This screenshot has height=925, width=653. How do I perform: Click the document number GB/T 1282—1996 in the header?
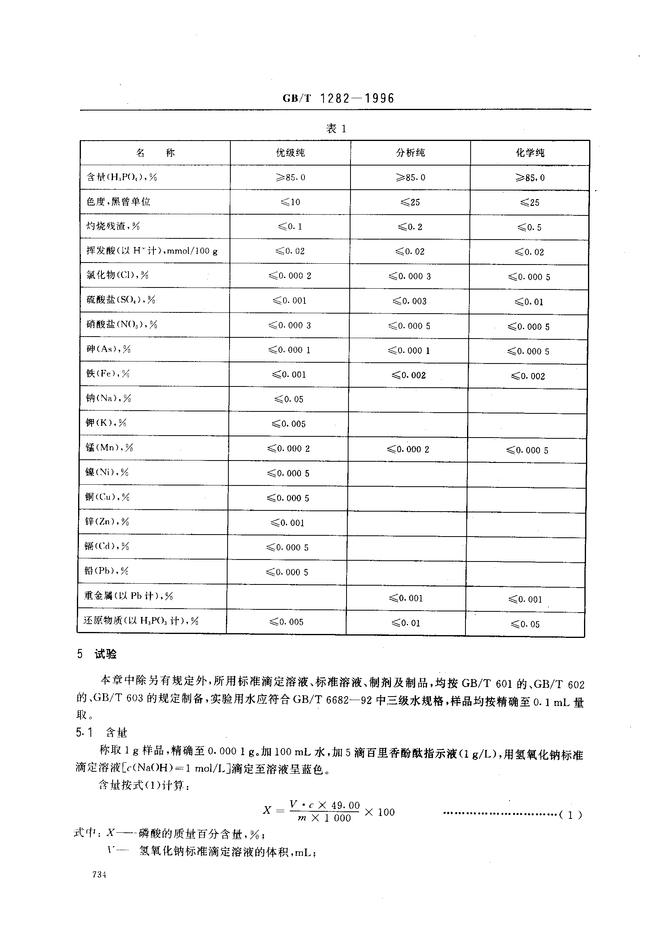click(x=338, y=98)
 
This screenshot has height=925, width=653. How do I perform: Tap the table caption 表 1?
click(x=335, y=129)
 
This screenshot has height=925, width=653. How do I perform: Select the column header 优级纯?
click(x=290, y=153)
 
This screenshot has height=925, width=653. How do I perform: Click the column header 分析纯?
click(x=410, y=153)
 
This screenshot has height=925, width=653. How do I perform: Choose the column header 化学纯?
click(x=530, y=153)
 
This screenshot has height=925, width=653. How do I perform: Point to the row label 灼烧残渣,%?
click(x=113, y=226)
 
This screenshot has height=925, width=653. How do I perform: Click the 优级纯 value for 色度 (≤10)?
click(x=290, y=202)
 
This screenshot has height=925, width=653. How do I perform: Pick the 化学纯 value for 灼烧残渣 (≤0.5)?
click(x=529, y=228)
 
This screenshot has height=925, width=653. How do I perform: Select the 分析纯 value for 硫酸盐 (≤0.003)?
click(x=410, y=301)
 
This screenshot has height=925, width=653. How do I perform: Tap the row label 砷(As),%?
click(x=109, y=349)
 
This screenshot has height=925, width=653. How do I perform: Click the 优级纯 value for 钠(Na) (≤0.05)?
click(x=289, y=399)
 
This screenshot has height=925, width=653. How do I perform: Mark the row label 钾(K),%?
click(x=106, y=423)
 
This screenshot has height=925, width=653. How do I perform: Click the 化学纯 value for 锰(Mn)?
click(x=527, y=450)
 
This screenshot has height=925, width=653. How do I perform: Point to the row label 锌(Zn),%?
click(x=107, y=522)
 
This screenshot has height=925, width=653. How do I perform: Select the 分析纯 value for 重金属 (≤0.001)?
click(x=406, y=599)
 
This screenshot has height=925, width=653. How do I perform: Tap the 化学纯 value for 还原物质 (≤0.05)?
click(x=525, y=624)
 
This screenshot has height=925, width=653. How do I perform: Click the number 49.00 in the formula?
click(x=345, y=805)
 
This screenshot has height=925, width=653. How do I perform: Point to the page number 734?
click(x=99, y=875)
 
